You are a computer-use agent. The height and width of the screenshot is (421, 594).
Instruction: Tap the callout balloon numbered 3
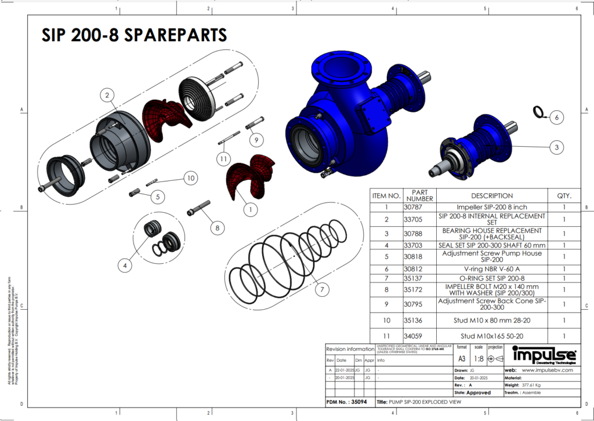[556, 147]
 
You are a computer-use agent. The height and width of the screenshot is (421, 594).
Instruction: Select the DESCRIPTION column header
[491, 195]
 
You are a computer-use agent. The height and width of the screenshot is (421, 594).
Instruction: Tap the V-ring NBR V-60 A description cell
[491, 270]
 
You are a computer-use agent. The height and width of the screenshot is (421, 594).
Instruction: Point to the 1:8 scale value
[479, 359]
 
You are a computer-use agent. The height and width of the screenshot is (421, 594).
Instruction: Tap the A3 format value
[462, 359]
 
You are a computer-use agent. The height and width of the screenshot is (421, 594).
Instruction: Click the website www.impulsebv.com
[547, 369]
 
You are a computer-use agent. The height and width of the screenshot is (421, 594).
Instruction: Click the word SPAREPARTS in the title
[176, 35]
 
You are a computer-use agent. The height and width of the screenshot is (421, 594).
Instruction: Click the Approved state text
[478, 393]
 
